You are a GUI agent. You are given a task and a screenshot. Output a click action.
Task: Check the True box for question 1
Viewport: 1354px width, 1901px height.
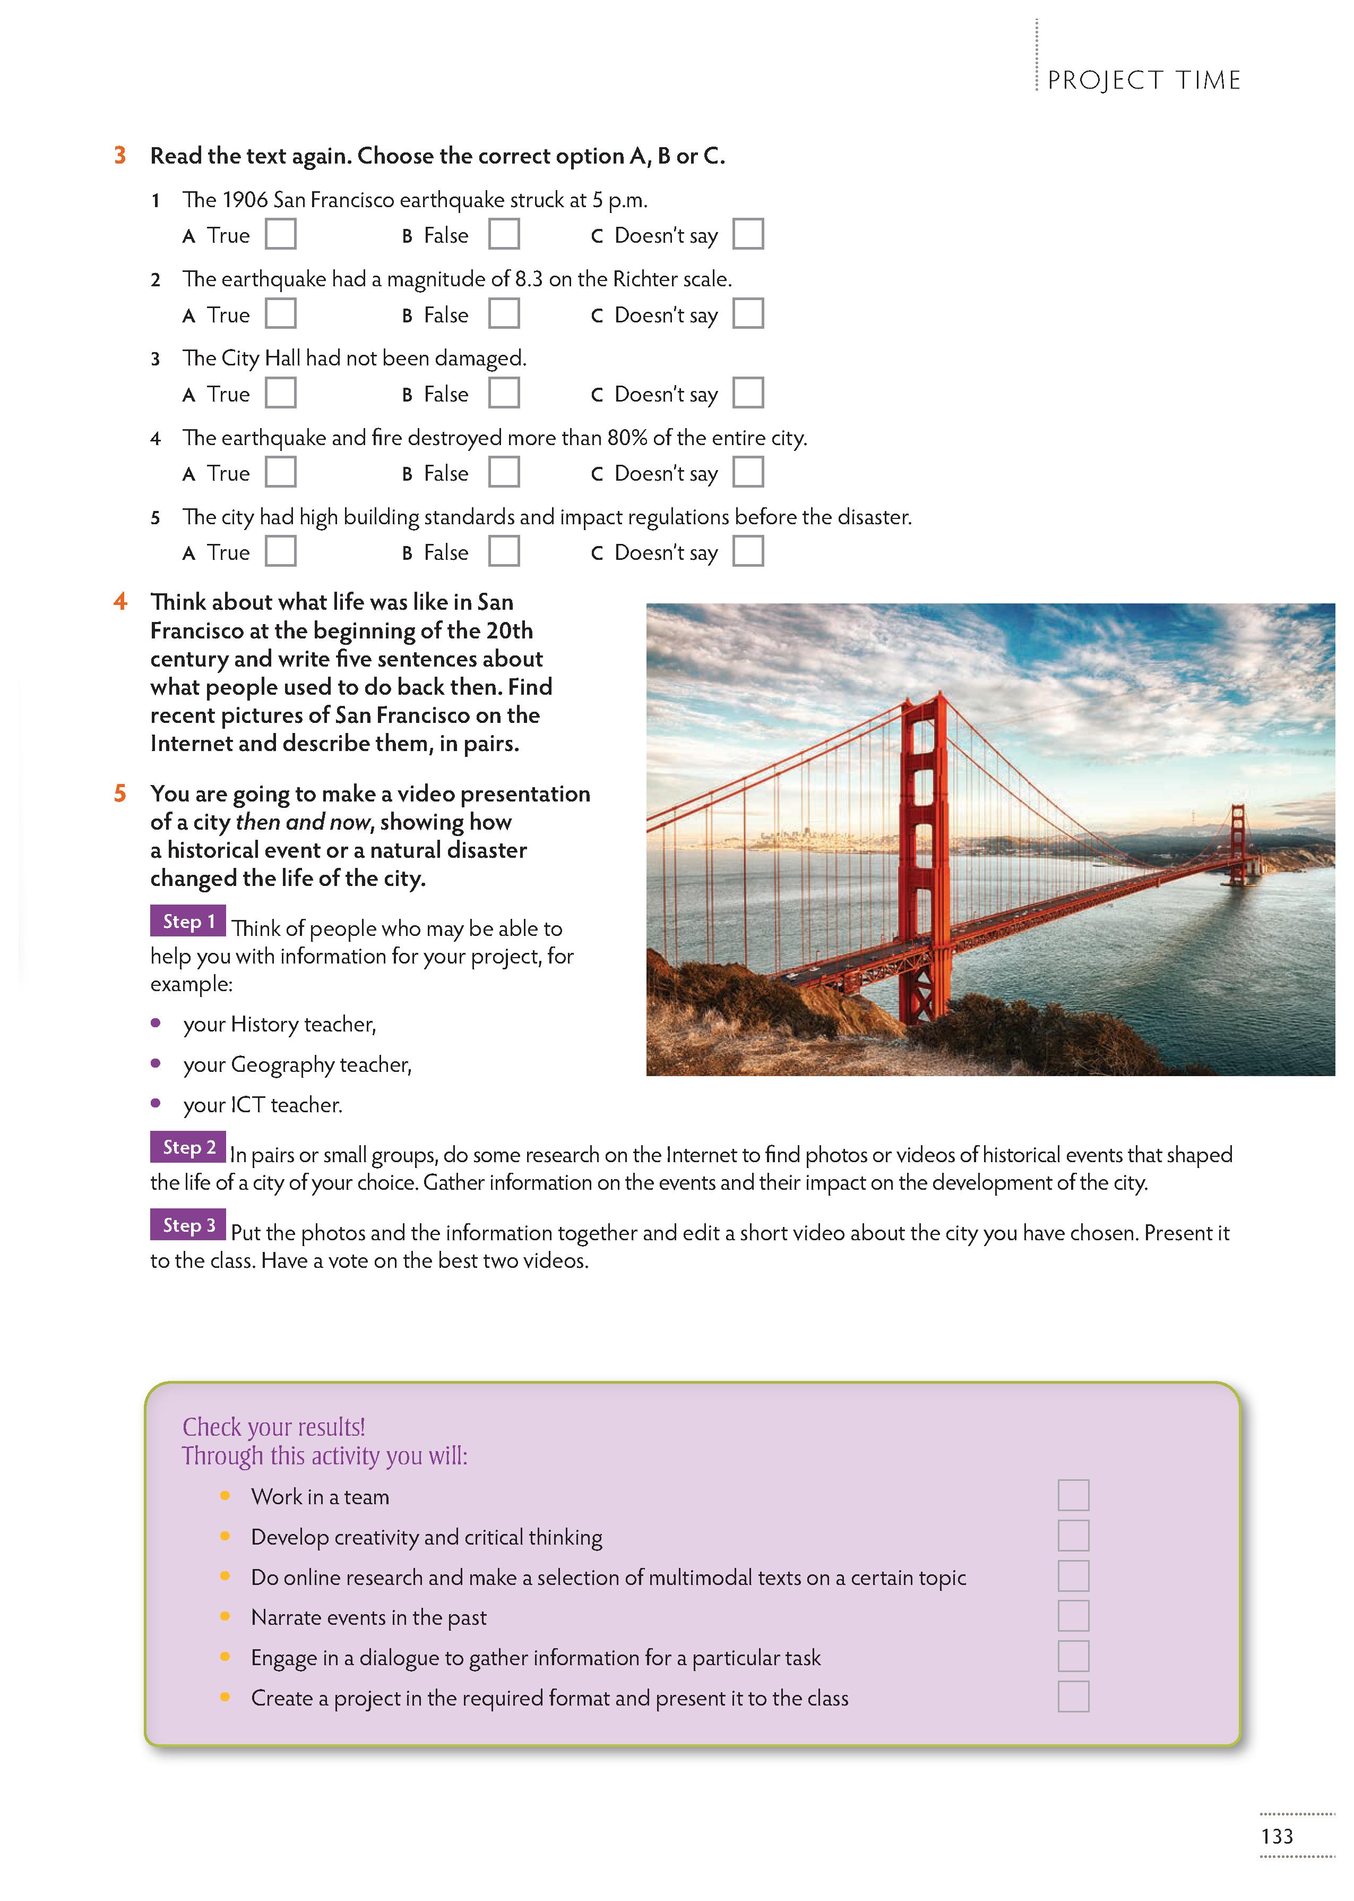coord(280,234)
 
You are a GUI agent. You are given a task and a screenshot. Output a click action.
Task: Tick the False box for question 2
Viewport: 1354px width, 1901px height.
coord(504,313)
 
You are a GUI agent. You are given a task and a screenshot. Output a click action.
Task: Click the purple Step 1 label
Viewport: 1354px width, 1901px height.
coord(188,921)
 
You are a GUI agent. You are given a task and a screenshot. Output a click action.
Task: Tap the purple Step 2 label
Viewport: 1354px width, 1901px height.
coord(188,1147)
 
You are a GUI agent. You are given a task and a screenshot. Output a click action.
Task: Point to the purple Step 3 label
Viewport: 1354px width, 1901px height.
coord(188,1224)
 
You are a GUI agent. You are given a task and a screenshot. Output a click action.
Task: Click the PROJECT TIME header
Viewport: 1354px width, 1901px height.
coord(1144,80)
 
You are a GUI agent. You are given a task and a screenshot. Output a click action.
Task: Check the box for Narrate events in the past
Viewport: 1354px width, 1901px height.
coord(1073,1616)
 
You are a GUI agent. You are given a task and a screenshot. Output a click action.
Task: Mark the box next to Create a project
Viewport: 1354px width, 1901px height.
coord(1073,1697)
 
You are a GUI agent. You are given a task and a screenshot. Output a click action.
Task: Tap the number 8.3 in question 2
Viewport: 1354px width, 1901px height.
coord(529,279)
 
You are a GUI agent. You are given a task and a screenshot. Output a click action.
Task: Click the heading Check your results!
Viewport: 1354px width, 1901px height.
coord(273,1427)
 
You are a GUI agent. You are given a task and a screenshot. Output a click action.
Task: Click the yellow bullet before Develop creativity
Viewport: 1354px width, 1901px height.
coord(225,1536)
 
